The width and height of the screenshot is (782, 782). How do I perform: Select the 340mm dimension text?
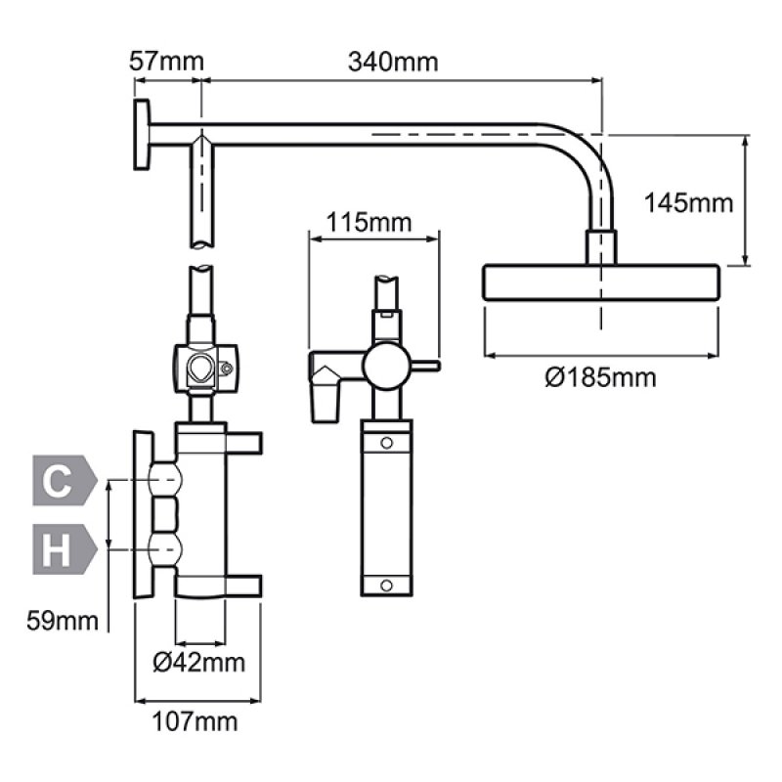click(393, 62)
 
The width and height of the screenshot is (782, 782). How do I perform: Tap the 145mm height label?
click(689, 203)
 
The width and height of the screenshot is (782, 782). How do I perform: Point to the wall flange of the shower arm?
click(141, 136)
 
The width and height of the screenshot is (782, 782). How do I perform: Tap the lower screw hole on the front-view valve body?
click(388, 585)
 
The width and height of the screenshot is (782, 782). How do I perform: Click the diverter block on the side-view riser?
click(202, 369)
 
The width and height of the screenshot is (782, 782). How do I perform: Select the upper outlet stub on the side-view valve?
click(244, 442)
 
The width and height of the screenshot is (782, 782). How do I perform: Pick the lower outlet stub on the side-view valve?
click(244, 585)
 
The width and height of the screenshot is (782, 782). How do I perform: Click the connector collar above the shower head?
click(601, 245)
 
